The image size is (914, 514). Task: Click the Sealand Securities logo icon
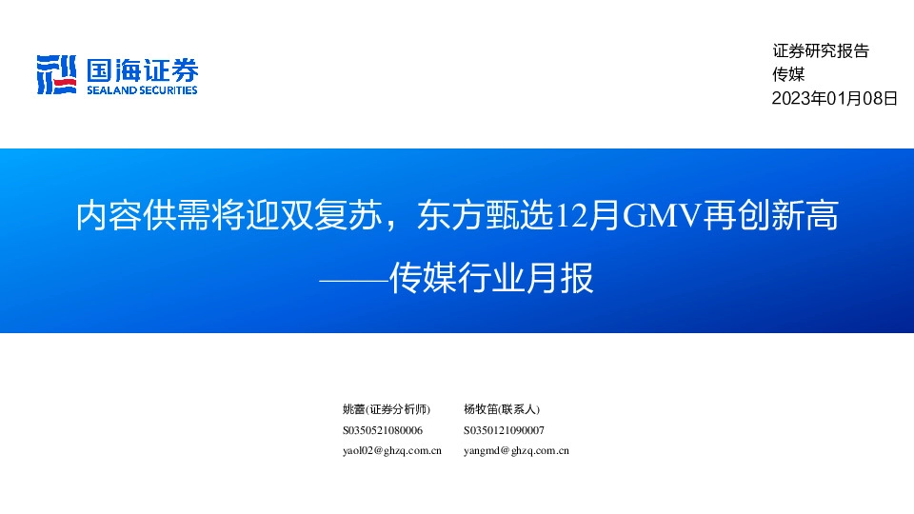pos(56,75)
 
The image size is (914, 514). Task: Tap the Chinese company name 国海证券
pos(142,69)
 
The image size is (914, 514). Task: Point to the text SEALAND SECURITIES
pos(142,90)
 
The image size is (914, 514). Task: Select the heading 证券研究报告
pos(820,51)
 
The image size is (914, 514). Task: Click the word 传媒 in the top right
pos(788,74)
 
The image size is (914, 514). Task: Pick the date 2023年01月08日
pos(834,97)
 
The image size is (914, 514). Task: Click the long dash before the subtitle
pos(354,280)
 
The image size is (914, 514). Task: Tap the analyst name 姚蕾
pos(353,409)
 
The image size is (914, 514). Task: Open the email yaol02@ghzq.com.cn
pos(391,451)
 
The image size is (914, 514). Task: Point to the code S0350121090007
pos(504,430)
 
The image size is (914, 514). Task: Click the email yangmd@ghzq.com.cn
pos(516,451)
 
